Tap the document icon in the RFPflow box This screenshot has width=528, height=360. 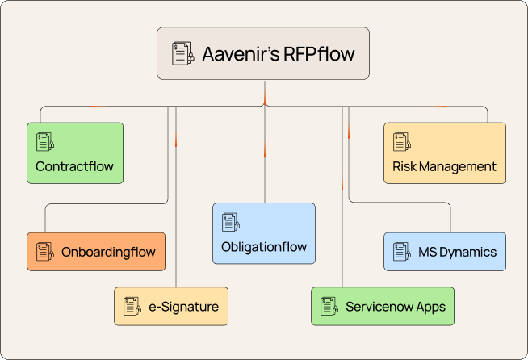pyautogui.click(x=183, y=54)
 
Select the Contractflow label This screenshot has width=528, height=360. pyautogui.click(x=74, y=167)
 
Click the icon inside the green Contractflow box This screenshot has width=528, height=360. pyautogui.click(x=45, y=142)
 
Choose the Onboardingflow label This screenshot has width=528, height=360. pyautogui.click(x=107, y=252)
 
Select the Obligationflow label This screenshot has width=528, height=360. pyautogui.click(x=264, y=247)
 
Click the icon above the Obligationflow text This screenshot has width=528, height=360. pyautogui.click(x=231, y=222)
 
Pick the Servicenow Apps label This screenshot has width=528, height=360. pyautogui.click(x=395, y=307)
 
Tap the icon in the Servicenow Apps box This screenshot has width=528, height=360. pyautogui.click(x=329, y=307)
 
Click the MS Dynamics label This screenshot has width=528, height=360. pyautogui.click(x=457, y=252)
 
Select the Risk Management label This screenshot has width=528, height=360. pyautogui.click(x=444, y=167)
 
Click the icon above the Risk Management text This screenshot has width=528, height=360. pyautogui.click(x=401, y=142)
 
